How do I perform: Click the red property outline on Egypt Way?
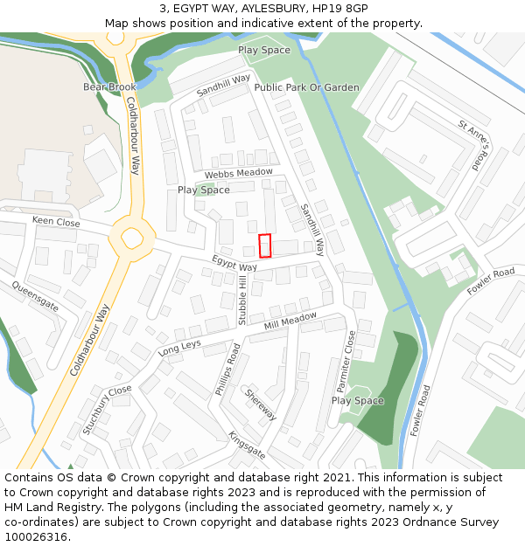coord(265,245)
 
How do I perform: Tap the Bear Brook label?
coord(110,87)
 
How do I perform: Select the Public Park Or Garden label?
coord(306,87)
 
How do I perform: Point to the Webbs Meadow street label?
coord(240,173)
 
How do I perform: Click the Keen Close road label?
coord(56,222)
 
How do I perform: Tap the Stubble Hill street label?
coord(243,300)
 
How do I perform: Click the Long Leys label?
coord(179,348)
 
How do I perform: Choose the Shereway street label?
coord(261,404)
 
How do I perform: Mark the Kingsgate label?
coord(247,445)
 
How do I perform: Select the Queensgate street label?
coord(35,296)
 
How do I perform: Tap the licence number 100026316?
coord(36,536)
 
